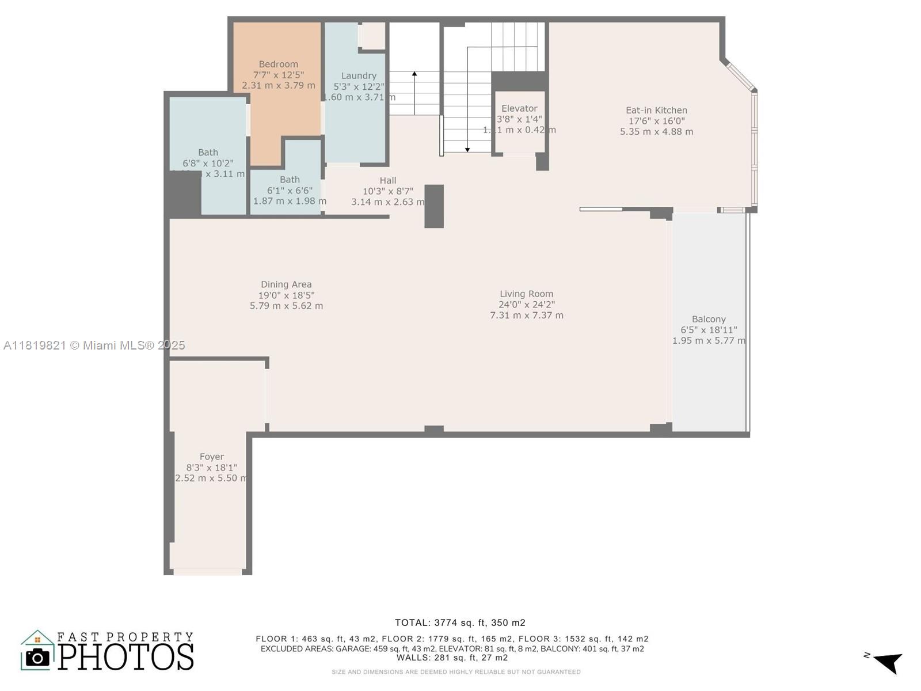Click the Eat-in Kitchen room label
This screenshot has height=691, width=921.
(x=656, y=110)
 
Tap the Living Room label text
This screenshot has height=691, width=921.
(x=526, y=294)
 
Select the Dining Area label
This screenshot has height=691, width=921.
(x=286, y=284)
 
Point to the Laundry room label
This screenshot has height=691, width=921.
(x=359, y=75)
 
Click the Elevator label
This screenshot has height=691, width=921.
(x=519, y=108)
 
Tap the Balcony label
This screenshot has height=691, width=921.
(x=709, y=319)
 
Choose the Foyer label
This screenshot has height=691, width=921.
(x=212, y=457)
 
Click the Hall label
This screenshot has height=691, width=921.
(x=388, y=180)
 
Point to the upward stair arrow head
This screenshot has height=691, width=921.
(x=414, y=74)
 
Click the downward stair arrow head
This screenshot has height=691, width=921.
(x=467, y=150)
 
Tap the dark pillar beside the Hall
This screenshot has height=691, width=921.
(x=434, y=206)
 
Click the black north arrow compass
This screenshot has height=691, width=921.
(x=889, y=663)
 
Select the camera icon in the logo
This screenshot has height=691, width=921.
(x=38, y=657)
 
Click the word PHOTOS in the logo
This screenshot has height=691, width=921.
(x=125, y=657)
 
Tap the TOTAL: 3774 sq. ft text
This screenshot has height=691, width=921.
(x=460, y=622)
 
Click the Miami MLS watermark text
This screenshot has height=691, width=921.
(x=94, y=345)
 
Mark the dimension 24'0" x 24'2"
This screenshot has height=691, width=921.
(x=526, y=305)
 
